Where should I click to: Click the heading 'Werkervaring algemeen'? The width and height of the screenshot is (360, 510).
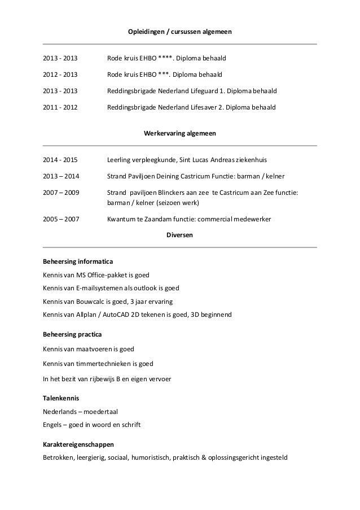click(180, 134)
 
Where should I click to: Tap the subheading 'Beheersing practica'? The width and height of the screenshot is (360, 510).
click(72, 335)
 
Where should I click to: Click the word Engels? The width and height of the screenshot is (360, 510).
click(53, 424)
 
